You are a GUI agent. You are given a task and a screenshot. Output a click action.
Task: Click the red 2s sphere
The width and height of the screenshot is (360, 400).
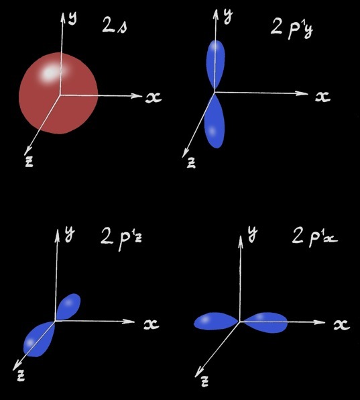click(x=58, y=93)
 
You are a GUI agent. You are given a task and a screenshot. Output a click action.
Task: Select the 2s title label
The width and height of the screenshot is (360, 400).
click(x=115, y=26)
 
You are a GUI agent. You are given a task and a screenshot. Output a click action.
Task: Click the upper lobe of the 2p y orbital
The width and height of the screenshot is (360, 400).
click(x=216, y=65)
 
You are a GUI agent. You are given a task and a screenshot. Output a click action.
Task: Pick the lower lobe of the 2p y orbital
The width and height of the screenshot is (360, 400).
click(x=215, y=121)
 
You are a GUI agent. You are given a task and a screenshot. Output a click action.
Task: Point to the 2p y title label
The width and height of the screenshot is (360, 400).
click(x=292, y=29)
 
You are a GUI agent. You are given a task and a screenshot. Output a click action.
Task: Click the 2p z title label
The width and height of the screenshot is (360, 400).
click(x=121, y=238)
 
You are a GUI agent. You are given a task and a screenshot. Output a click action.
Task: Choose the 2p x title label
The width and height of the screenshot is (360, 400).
click(x=315, y=238)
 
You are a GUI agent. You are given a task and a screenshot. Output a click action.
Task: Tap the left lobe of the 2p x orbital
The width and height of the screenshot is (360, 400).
click(x=217, y=321)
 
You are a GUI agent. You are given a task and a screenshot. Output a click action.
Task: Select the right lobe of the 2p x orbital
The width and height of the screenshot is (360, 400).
click(x=264, y=322)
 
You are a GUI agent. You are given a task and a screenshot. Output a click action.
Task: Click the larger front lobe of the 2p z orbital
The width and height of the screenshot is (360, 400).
click(x=39, y=340)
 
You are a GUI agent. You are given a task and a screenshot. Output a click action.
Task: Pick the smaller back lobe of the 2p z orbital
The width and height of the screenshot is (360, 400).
click(x=68, y=307)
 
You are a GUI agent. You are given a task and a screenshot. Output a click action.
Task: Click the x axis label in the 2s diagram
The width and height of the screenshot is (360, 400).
click(x=154, y=97)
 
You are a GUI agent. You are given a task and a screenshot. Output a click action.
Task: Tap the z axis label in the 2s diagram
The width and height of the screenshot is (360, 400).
click(x=29, y=162)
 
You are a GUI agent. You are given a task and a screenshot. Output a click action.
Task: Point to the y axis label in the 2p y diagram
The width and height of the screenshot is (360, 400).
click(x=228, y=17)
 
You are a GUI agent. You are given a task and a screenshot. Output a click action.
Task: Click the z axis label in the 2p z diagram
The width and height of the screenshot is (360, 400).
click(x=21, y=376)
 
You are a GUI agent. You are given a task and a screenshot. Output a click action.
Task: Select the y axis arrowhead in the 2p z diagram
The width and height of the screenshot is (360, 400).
click(x=58, y=234)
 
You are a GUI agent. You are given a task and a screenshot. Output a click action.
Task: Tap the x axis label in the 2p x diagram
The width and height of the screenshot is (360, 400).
click(x=342, y=325)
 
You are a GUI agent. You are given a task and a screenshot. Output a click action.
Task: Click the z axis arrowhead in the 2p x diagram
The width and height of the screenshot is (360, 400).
click(x=198, y=372)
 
